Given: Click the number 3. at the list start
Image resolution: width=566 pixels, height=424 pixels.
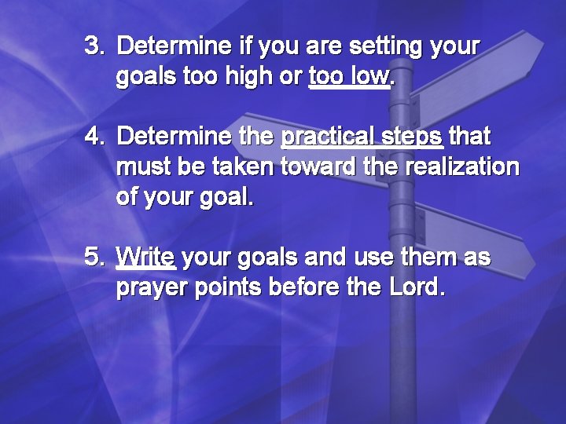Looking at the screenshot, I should click(x=94, y=46).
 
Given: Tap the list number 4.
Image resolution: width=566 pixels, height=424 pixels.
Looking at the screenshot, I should click(x=94, y=137).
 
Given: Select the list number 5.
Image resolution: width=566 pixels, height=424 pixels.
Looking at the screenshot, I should click(x=94, y=258).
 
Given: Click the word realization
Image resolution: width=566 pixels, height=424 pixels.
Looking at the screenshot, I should click(x=463, y=166).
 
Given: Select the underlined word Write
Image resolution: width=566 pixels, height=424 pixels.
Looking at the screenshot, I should click(x=145, y=258).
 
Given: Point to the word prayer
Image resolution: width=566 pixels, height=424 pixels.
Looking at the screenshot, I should click(x=149, y=287).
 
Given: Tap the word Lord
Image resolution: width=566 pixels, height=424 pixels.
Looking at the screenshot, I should click(x=417, y=287).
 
